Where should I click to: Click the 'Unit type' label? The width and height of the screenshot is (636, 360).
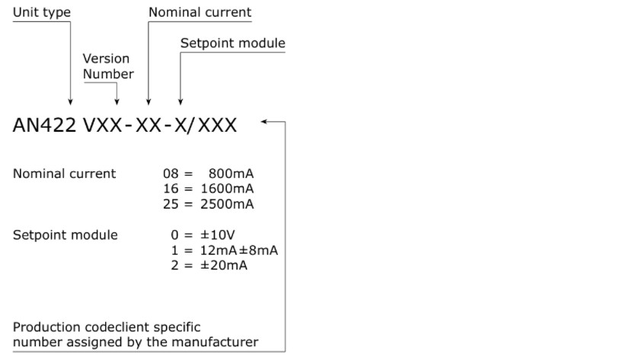point(42,12)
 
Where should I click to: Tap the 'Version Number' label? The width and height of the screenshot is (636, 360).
point(108,66)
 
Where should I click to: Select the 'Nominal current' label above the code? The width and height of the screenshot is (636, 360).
point(200,12)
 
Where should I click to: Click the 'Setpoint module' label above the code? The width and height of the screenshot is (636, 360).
point(233,43)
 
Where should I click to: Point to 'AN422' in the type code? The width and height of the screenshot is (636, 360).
point(45,125)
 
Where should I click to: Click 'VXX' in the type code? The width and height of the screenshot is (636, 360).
point(103,125)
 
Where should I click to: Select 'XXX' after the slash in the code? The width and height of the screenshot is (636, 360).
point(217,125)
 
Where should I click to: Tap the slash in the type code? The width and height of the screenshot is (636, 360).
point(190,126)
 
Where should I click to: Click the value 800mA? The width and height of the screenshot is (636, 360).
point(232,174)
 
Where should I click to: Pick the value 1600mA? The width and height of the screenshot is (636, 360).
point(227,189)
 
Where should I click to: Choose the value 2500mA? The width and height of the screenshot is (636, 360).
point(227,204)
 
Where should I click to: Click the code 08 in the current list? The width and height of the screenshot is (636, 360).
point(171,174)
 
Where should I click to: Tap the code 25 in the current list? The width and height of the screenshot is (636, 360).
point(171,204)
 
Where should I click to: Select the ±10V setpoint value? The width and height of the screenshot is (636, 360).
point(218,234)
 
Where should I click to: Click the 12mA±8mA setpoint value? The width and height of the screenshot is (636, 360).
point(239,250)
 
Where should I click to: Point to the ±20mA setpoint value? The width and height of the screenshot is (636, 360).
point(224,265)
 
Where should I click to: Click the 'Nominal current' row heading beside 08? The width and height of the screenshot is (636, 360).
point(65,174)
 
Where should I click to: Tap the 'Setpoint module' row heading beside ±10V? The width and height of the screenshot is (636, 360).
point(66,234)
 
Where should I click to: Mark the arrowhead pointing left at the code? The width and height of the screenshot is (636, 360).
point(264,121)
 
